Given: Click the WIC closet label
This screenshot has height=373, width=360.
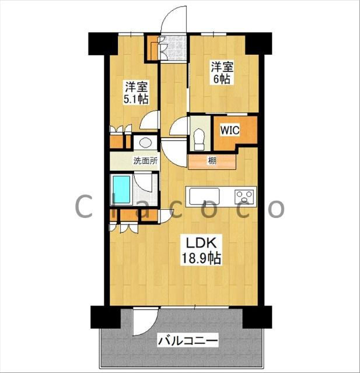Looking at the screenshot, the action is [229, 131].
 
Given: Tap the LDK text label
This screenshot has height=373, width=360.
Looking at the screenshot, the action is [201, 243].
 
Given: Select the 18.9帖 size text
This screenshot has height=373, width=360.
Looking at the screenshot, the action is [201, 258].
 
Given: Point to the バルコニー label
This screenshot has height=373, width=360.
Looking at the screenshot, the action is [188, 341].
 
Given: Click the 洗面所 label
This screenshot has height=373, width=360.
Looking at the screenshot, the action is [145, 161].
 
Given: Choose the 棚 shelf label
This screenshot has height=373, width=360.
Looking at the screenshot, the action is [212, 161].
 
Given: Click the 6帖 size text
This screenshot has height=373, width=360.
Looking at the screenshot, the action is [222, 79].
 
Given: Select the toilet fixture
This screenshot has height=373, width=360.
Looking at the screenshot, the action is [200, 140].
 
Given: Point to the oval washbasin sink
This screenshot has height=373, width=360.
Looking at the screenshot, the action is [145, 143].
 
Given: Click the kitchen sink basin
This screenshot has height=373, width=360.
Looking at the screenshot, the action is [205, 196].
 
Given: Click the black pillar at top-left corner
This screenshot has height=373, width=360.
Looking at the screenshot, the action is [103, 44].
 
